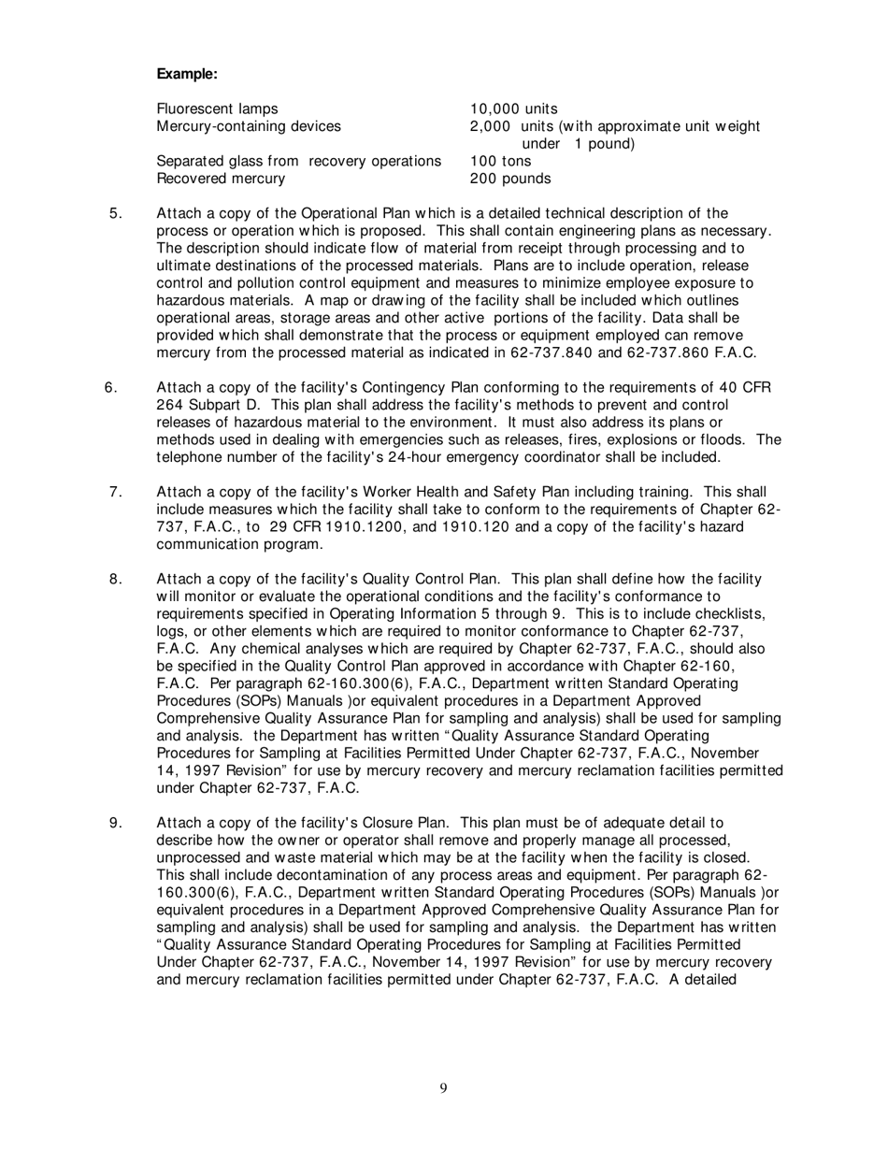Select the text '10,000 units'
click(513, 108)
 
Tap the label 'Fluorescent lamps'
click(217, 108)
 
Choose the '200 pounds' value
click(510, 178)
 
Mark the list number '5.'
click(117, 213)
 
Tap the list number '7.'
click(117, 492)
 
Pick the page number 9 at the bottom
click(443, 1087)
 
